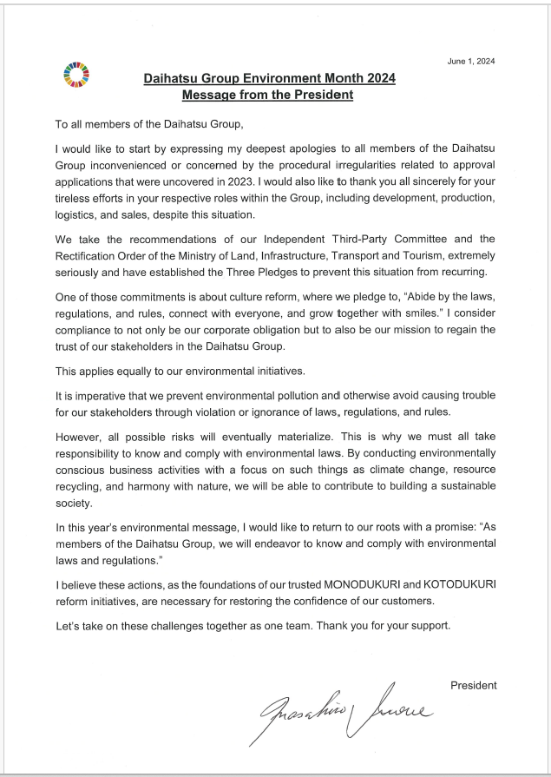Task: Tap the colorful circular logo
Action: pyautogui.click(x=76, y=75)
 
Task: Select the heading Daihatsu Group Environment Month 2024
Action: pyautogui.click(x=269, y=78)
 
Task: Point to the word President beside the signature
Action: pyautogui.click(x=473, y=685)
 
